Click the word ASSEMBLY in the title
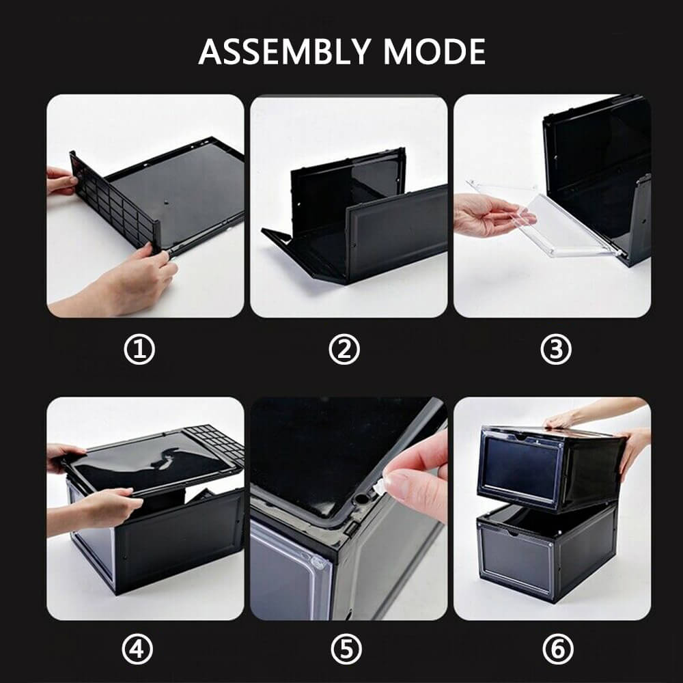tap(285, 52)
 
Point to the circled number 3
tap(555, 350)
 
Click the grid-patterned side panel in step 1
tap(113, 198)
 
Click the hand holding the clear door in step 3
tap(488, 215)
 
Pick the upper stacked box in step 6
tap(546, 464)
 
